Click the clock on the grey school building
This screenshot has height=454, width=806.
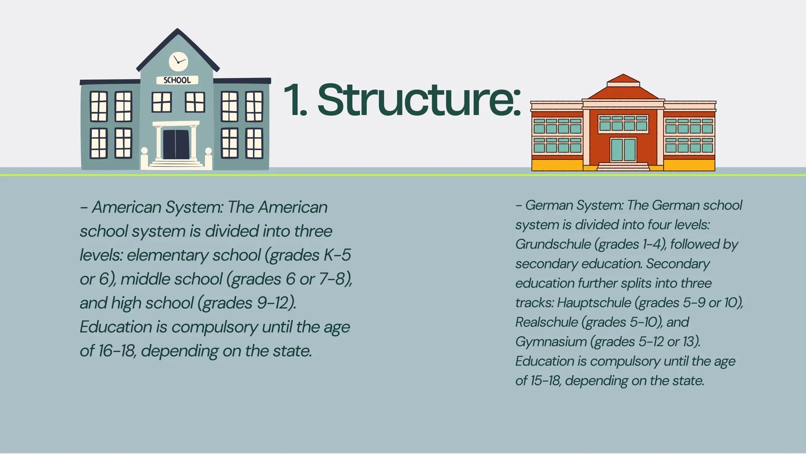coord(179,62)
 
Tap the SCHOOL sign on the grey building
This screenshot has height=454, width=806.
coord(177,80)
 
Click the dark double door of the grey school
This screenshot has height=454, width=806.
coord(176,144)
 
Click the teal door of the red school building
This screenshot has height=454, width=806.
coord(623,150)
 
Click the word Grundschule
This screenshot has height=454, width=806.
coord(553,244)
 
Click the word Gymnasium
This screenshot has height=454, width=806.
coord(551,342)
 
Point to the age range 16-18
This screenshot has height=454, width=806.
coord(117,351)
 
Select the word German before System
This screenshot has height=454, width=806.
coord(549,205)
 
